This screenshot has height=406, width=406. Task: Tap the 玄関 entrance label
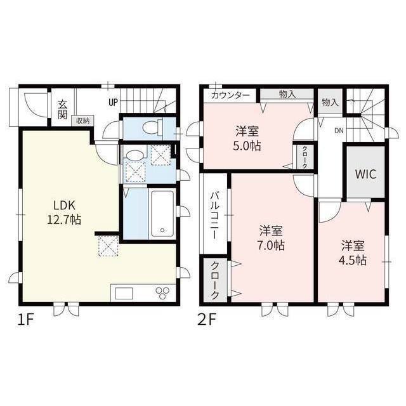point(63,110)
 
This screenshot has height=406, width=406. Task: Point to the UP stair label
point(112,101)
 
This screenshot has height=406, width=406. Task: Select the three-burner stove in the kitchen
point(162,292)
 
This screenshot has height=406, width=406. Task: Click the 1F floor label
point(25,318)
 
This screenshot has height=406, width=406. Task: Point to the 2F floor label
point(209,318)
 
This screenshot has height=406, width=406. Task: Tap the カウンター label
point(230,95)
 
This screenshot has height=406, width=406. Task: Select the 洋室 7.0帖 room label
point(271,237)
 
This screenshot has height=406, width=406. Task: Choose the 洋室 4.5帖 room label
point(353,252)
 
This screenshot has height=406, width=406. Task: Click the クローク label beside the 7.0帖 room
point(216,280)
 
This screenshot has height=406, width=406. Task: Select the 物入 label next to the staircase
point(329,102)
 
